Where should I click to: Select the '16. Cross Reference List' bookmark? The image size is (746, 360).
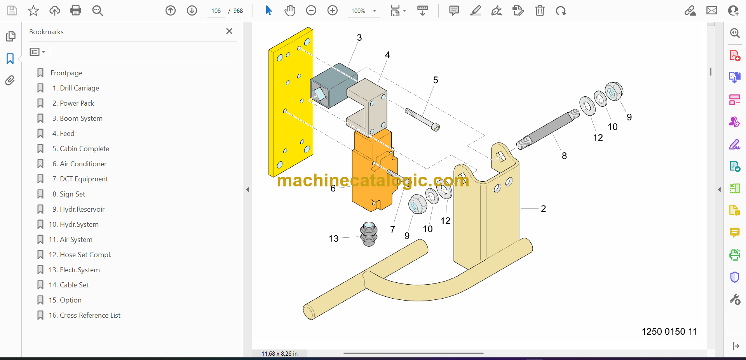click(84, 315)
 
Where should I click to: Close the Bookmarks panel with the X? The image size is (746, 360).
click(229, 31)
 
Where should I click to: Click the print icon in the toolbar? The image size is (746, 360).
click(76, 10)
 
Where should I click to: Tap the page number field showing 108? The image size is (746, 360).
click(216, 11)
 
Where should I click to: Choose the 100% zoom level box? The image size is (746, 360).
click(359, 11)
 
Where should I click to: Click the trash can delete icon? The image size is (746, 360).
click(540, 10)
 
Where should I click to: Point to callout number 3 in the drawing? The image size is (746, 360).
click(359, 38)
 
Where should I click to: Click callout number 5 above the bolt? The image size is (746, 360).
click(436, 80)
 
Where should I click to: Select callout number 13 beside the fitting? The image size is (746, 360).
click(333, 238)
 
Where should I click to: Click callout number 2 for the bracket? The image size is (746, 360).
click(543, 209)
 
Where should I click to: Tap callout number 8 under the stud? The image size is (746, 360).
click(564, 156)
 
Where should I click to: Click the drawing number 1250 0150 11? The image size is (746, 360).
click(669, 332)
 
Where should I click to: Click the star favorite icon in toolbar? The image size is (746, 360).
click(33, 10)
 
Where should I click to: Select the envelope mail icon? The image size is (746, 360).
click(712, 10)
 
